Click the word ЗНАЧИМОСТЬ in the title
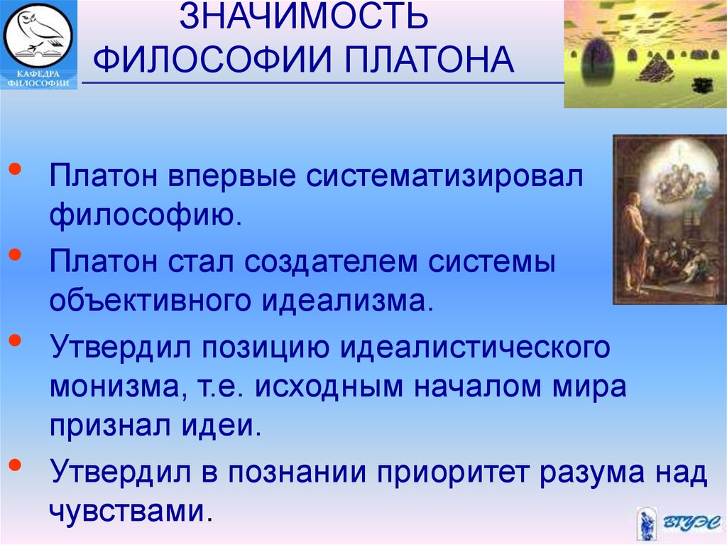pyautogui.click(x=304, y=16)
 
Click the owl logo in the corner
pyautogui.click(x=38, y=34)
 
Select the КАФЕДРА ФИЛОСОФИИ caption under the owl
pyautogui.click(x=38, y=79)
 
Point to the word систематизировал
pyautogui.click(x=444, y=176)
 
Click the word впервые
pyautogui.click(x=232, y=176)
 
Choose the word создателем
pyautogui.click(x=331, y=262)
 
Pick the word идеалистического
pyautogui.click(x=475, y=347)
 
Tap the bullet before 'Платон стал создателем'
pyautogui.click(x=16, y=254)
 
